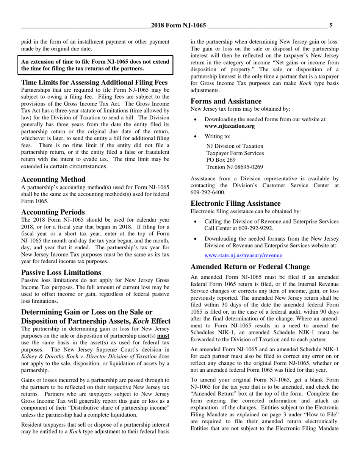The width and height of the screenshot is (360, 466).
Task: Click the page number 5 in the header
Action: coord(331,25)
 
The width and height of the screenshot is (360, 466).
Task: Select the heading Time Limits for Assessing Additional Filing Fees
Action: coord(94,82)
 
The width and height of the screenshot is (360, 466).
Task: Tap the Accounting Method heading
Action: coord(53,179)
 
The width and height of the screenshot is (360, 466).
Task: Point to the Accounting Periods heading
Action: coord(53,212)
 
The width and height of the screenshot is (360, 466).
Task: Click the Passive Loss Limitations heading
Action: coord(61,272)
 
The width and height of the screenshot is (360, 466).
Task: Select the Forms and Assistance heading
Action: coord(226,101)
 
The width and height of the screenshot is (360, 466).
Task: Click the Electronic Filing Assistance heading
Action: coord(235,203)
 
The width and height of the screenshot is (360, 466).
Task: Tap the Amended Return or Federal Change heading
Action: coord(250,266)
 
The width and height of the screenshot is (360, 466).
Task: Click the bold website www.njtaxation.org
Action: coord(230,126)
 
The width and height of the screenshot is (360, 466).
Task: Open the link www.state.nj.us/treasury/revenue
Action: coord(243,256)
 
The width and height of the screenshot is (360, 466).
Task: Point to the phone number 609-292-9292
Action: coord(255,228)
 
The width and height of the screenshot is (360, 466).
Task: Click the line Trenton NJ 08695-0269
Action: coord(235,167)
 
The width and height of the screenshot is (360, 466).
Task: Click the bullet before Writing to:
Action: coord(195,136)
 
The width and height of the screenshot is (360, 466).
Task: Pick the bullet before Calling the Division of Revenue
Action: coord(195,222)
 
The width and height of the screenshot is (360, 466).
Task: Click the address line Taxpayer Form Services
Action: coord(235,153)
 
